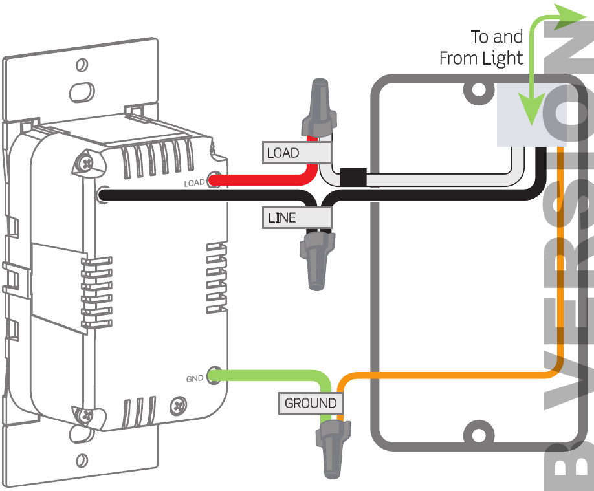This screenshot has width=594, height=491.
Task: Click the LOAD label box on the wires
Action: coord(296,153)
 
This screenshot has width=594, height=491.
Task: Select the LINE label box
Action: coord(296,218)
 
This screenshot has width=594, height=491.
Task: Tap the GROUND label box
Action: coord(311,403)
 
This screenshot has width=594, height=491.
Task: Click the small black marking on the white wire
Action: coord(353,177)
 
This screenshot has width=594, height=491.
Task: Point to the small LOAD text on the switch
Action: coord(194,184)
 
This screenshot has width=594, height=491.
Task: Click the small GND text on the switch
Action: coord(195,379)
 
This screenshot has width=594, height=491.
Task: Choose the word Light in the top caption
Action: coord(503,59)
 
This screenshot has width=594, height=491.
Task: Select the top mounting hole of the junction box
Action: coord(478,91)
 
